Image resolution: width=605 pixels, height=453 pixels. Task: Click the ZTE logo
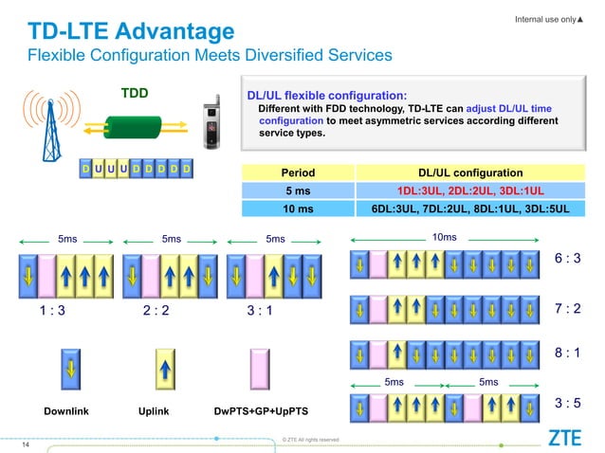tap(565, 438)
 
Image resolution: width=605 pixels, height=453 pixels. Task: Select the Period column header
tap(299, 173)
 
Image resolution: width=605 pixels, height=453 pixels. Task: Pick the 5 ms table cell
tap(299, 191)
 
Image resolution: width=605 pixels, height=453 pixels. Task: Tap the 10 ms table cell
tap(299, 209)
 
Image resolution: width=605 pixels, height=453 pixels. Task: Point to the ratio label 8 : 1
tap(568, 352)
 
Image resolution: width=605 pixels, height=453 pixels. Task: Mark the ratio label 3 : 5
tap(568, 404)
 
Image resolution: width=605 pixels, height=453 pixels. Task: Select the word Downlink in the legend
tap(67, 412)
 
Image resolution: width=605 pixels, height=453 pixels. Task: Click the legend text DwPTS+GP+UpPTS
tap(259, 412)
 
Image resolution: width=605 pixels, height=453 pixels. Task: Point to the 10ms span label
tap(444, 237)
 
